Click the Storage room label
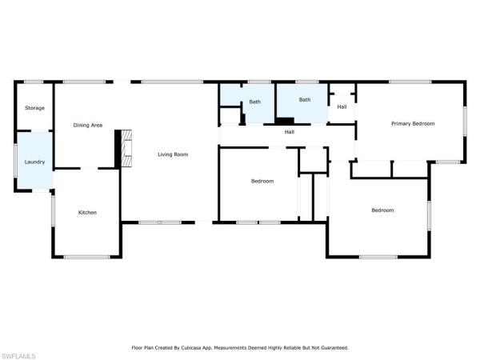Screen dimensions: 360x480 pyautogui.click(x=34, y=108)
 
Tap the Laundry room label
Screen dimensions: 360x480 pyautogui.click(x=34, y=162)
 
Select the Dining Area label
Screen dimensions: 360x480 pyautogui.click(x=88, y=125)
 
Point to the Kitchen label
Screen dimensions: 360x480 pyautogui.click(x=87, y=212)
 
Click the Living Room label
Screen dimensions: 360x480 pyautogui.click(x=173, y=154)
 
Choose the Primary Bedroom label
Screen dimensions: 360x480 pyautogui.click(x=412, y=123)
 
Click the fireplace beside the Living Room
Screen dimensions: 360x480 pyautogui.click(x=122, y=148)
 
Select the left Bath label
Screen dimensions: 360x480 pyautogui.click(x=254, y=102)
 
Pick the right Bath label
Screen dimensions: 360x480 pyautogui.click(x=305, y=100)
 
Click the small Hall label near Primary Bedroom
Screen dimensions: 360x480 pyautogui.click(x=342, y=106)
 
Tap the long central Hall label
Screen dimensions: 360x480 pyautogui.click(x=290, y=132)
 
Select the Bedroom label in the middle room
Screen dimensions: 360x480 pyautogui.click(x=262, y=181)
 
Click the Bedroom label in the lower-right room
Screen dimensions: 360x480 pyautogui.click(x=382, y=210)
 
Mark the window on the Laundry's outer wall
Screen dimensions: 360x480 pyautogui.click(x=15, y=160)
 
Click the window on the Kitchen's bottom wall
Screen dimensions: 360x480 pyautogui.click(x=86, y=256)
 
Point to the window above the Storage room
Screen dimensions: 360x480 pyautogui.click(x=34, y=82)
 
